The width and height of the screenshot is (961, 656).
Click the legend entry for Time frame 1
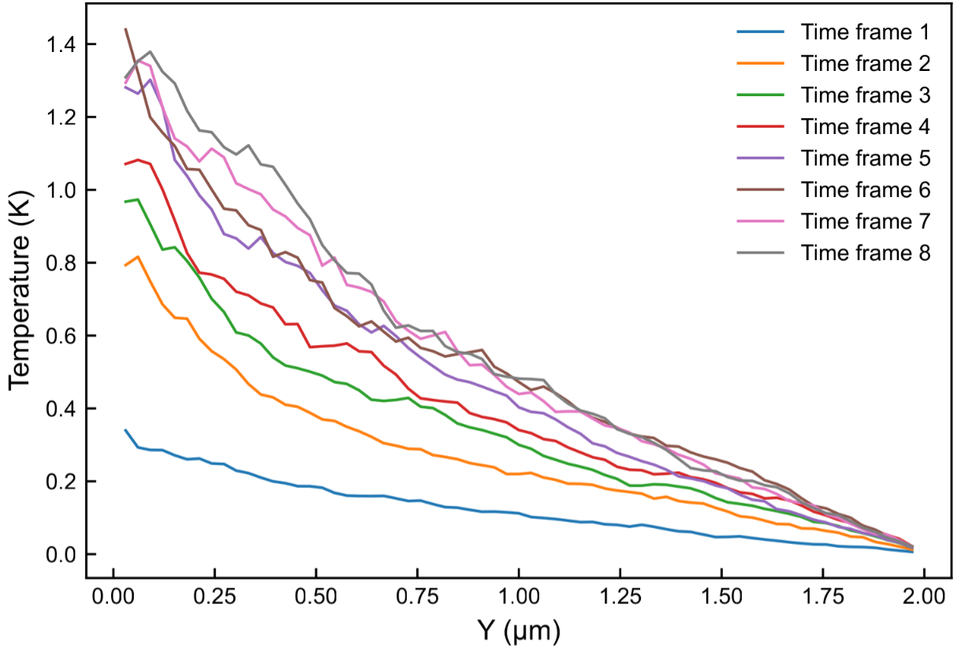pos(866,32)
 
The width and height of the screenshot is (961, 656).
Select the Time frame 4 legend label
pos(866,126)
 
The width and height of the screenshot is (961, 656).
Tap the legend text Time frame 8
pos(866,253)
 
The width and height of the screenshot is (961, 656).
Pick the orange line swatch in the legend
pos(761,64)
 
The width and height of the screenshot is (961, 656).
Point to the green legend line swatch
pos(761,95)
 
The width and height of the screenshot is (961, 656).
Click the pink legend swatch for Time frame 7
pos(761,222)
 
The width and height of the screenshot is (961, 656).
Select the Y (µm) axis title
pos(518,631)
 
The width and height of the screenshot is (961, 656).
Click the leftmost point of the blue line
pos(125,430)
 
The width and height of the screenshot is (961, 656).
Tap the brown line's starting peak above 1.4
pos(125,29)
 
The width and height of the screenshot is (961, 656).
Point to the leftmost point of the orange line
pos(125,266)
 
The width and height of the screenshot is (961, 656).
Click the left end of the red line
pos(125,164)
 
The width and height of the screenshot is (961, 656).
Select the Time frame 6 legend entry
pos(866,190)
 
